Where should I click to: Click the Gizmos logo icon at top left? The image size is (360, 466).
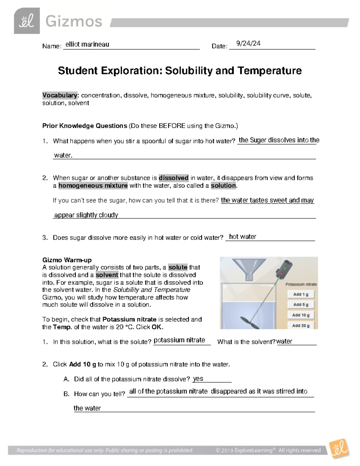(x=27, y=21)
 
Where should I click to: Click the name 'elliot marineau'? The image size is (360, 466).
(x=87, y=44)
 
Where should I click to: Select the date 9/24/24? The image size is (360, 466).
(x=248, y=44)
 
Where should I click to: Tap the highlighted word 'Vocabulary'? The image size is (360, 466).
(x=60, y=95)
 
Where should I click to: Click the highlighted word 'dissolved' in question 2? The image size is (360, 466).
(x=173, y=178)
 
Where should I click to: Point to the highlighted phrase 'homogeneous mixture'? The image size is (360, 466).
(x=93, y=186)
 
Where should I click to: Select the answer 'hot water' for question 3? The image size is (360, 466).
(x=242, y=237)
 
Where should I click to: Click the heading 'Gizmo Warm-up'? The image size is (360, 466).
(x=67, y=260)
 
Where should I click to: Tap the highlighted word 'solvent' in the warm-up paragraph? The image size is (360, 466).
(x=107, y=275)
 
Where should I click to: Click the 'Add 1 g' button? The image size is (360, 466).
(x=301, y=294)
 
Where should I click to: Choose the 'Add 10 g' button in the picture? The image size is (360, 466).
(x=301, y=315)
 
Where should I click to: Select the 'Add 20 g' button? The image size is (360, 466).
(x=301, y=325)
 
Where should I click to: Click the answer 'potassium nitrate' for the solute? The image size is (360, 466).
(x=179, y=340)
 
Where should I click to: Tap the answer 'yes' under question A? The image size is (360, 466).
(x=198, y=379)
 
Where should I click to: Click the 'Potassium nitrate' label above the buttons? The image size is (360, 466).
(x=301, y=284)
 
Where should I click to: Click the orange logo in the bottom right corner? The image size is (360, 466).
(x=339, y=449)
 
